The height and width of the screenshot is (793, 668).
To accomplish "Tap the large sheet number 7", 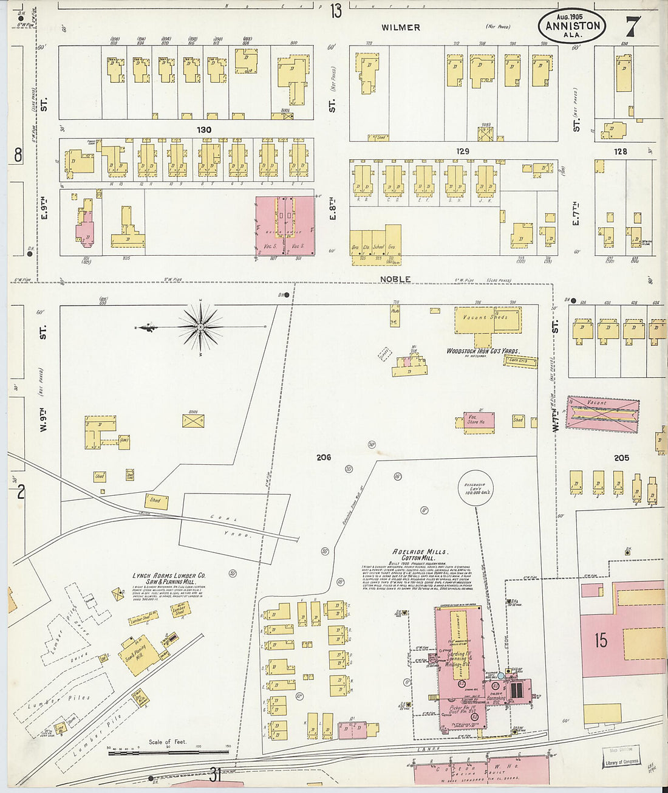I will (x=632, y=26).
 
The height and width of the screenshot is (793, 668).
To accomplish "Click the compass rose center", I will (x=200, y=328).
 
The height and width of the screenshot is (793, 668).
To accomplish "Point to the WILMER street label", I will (x=401, y=27).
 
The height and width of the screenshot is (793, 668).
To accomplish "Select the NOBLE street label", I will (x=395, y=279).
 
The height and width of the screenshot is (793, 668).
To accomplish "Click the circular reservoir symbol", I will (x=475, y=487).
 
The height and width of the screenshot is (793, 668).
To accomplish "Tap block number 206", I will (x=324, y=457).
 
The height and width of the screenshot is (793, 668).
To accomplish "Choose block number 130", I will (x=204, y=129).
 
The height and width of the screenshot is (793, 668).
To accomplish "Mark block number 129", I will (x=463, y=151).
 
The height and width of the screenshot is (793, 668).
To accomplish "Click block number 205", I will (x=621, y=458).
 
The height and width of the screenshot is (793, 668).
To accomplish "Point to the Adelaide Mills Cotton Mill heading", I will (x=420, y=555).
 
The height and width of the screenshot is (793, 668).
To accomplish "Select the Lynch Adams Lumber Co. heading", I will (x=169, y=578).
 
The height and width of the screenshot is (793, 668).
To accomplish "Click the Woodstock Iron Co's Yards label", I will (x=483, y=351).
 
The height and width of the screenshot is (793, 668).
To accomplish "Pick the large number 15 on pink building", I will (x=601, y=640).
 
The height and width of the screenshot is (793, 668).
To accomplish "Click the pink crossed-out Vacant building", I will (x=602, y=414).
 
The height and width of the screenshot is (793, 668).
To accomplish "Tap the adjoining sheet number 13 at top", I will (x=336, y=10).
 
